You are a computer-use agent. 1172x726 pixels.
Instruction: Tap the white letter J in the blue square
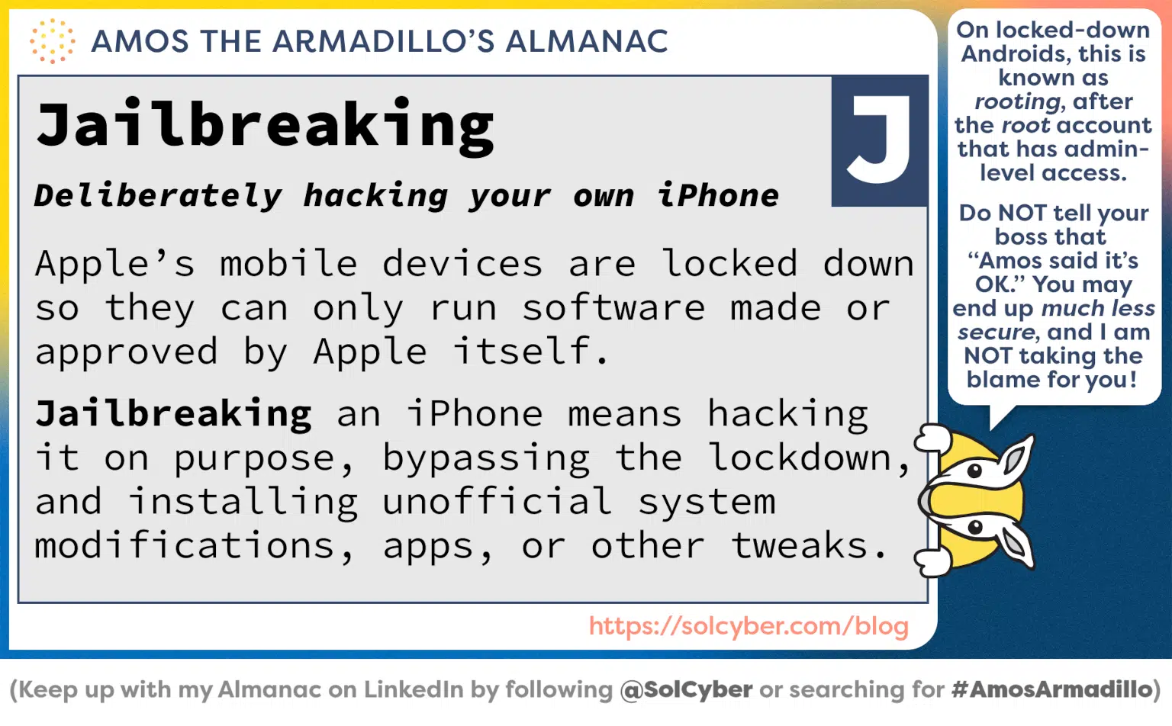pos(880,140)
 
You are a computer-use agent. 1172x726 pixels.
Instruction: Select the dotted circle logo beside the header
pos(52,41)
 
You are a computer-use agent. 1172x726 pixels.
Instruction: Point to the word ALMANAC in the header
pos(586,41)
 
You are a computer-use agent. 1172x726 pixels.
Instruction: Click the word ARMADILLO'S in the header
pos(382,41)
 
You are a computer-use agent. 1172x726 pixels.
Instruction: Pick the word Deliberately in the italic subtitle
pos(158,197)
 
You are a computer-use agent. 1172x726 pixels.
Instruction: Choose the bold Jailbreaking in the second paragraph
pos(174,414)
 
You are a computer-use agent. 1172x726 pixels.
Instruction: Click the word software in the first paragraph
pos(613,308)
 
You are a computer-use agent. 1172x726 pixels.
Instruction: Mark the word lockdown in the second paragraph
pos(800,458)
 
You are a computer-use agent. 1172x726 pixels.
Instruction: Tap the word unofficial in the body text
pos(497,502)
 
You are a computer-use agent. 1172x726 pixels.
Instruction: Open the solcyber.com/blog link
pos(749,626)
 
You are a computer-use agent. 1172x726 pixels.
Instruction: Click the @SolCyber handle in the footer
pos(686,690)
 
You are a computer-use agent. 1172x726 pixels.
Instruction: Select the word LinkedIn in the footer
pos(413,690)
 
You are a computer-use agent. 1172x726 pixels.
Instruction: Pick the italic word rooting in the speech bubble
pos(1018,101)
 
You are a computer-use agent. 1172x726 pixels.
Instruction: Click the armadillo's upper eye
pos(974,471)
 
